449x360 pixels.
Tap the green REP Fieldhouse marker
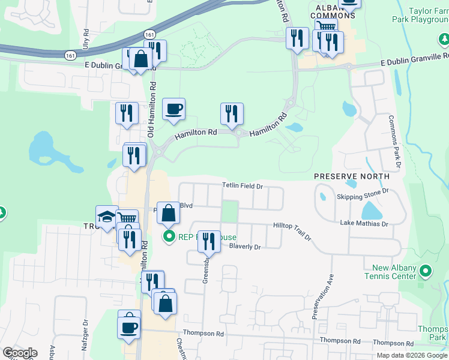pos(169,237)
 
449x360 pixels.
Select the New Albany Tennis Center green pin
pos(426,271)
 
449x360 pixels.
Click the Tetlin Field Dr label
pos(243,186)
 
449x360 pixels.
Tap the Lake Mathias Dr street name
pos(364,224)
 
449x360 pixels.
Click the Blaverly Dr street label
pos(246,247)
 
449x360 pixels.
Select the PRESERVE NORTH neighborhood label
pos(352,176)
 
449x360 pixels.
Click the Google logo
pos(20,353)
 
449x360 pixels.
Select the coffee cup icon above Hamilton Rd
pos(173,109)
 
